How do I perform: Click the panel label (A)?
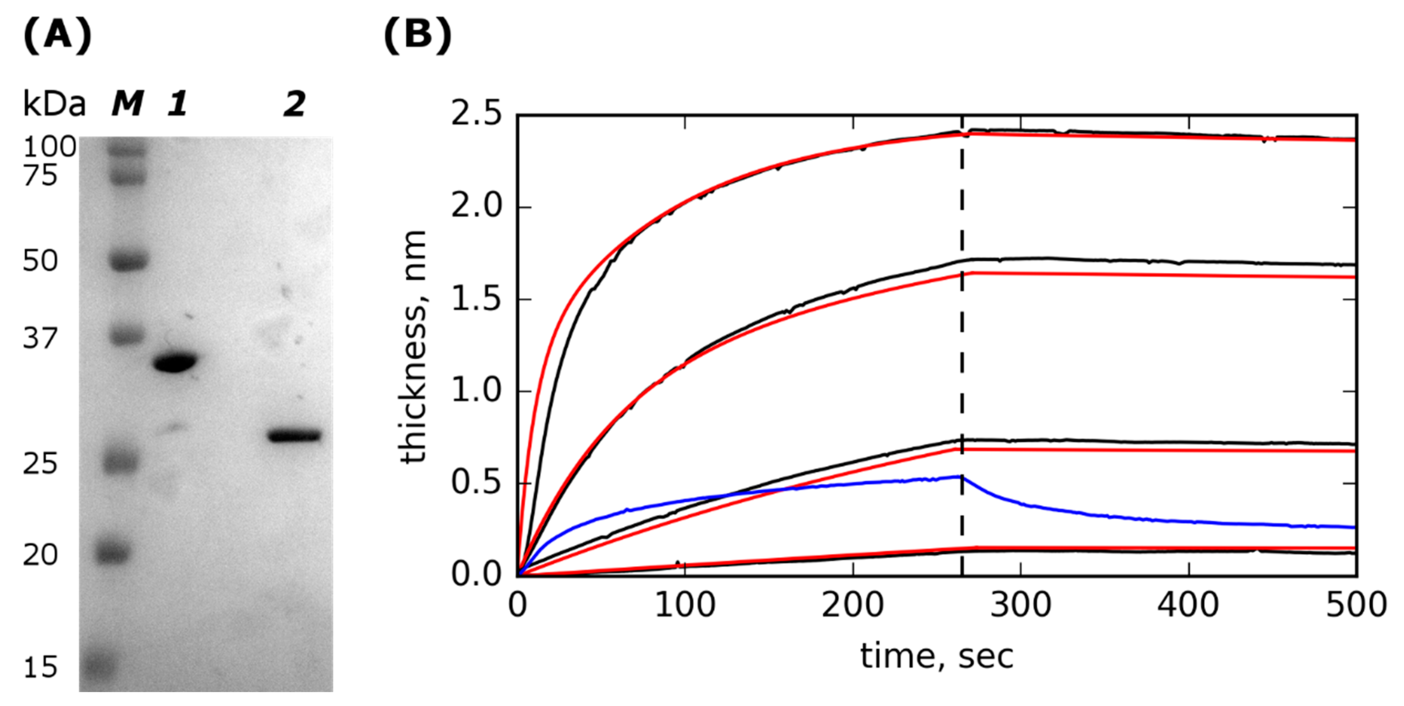pyautogui.click(x=57, y=36)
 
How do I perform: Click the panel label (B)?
pyautogui.click(x=418, y=36)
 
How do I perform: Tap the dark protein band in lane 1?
pyautogui.click(x=175, y=362)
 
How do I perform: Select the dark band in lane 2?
pyautogui.click(x=294, y=436)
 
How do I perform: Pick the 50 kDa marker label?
pyautogui.click(x=40, y=261)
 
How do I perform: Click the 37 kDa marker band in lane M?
pyautogui.click(x=128, y=335)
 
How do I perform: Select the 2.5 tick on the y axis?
pyautogui.click(x=476, y=115)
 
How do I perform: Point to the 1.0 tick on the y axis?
pyautogui.click(x=476, y=391)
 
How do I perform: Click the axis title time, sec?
pyautogui.click(x=936, y=656)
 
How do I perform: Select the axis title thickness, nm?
pyautogui.click(x=413, y=346)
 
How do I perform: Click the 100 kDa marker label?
pyautogui.click(x=49, y=147)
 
